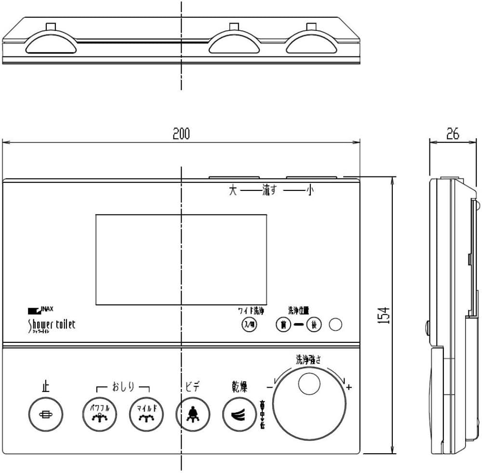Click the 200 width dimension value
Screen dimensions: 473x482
click(181, 134)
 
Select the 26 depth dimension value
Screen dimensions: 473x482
click(452, 135)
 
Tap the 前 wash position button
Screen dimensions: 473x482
click(283, 325)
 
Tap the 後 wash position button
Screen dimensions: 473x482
click(314, 325)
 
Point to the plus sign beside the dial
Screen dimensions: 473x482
click(349, 387)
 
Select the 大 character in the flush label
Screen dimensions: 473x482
click(233, 191)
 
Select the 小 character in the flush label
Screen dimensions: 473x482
click(309, 191)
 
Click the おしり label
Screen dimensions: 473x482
click(123, 387)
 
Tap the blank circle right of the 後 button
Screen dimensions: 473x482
click(335, 325)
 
